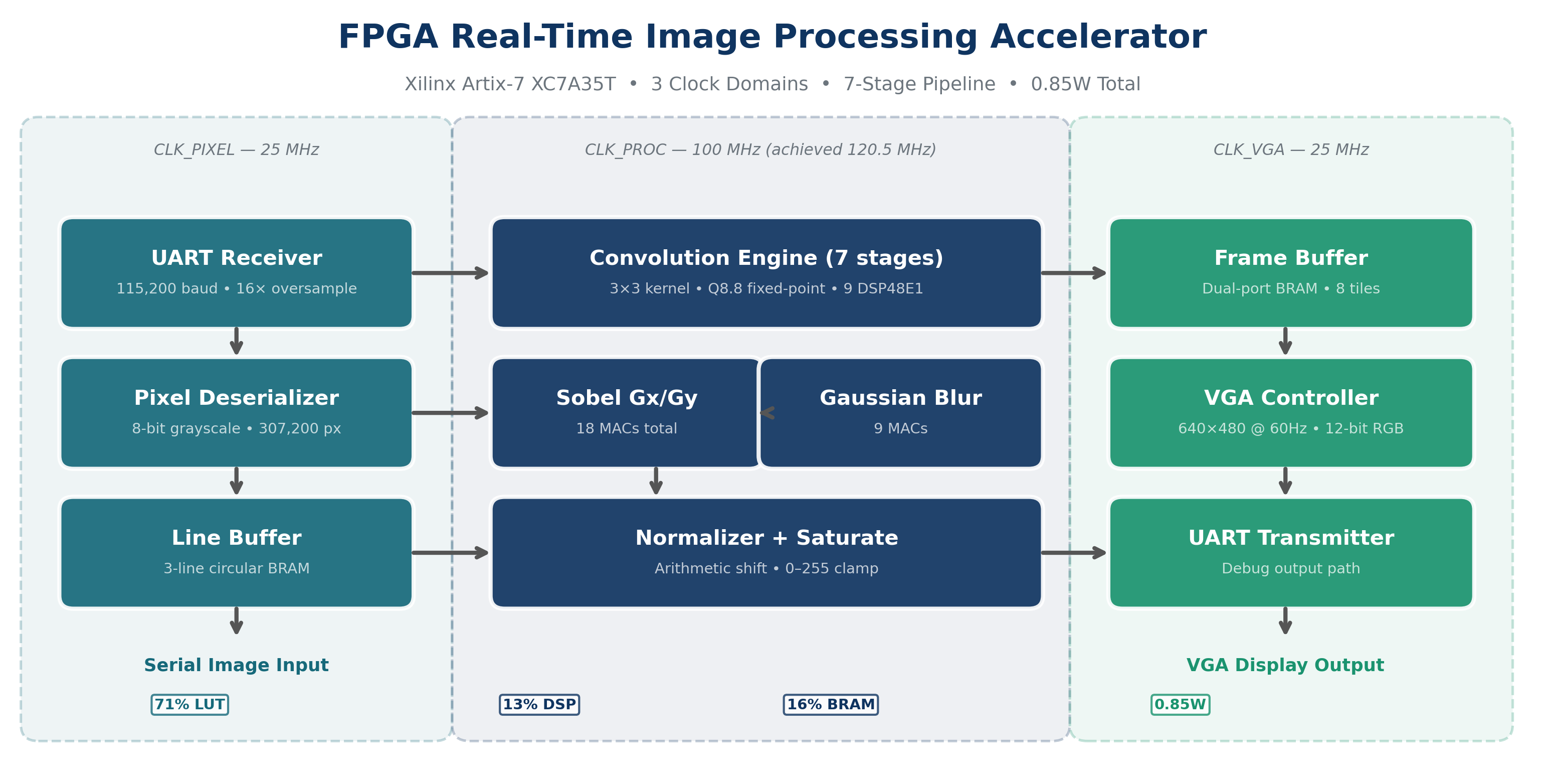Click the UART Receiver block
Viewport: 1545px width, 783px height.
click(x=236, y=272)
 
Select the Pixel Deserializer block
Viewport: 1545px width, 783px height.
click(x=236, y=412)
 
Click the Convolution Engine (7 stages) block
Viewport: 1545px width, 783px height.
click(x=766, y=272)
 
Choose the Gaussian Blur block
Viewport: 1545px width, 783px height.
click(x=900, y=412)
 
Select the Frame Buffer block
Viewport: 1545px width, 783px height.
click(x=1291, y=272)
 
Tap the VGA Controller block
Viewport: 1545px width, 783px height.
click(x=1291, y=412)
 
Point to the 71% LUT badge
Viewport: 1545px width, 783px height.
click(x=189, y=704)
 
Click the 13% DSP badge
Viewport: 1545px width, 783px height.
click(x=539, y=704)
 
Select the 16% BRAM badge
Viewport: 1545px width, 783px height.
click(x=830, y=704)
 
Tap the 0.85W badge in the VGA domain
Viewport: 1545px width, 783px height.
click(x=1180, y=704)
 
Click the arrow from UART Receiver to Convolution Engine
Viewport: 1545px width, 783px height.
click(x=450, y=273)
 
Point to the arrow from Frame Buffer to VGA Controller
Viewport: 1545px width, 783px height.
click(x=1285, y=341)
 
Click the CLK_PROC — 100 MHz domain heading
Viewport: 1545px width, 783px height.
click(x=760, y=149)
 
